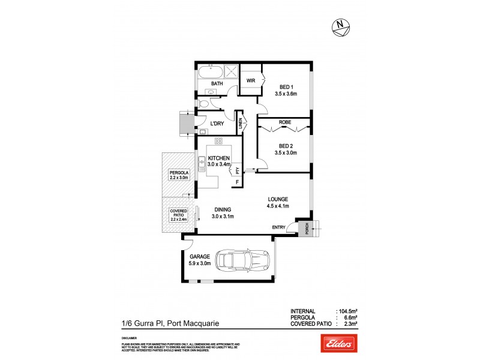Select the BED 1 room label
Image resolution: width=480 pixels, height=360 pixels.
tap(286, 90)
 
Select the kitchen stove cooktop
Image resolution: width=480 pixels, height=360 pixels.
tap(218, 142)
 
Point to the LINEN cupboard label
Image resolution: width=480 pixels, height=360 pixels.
tap(240, 124)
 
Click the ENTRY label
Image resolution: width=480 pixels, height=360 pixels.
tap(279, 227)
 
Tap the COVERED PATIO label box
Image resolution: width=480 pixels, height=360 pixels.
tap(179, 215)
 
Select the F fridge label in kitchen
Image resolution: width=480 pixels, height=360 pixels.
tap(238, 181)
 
